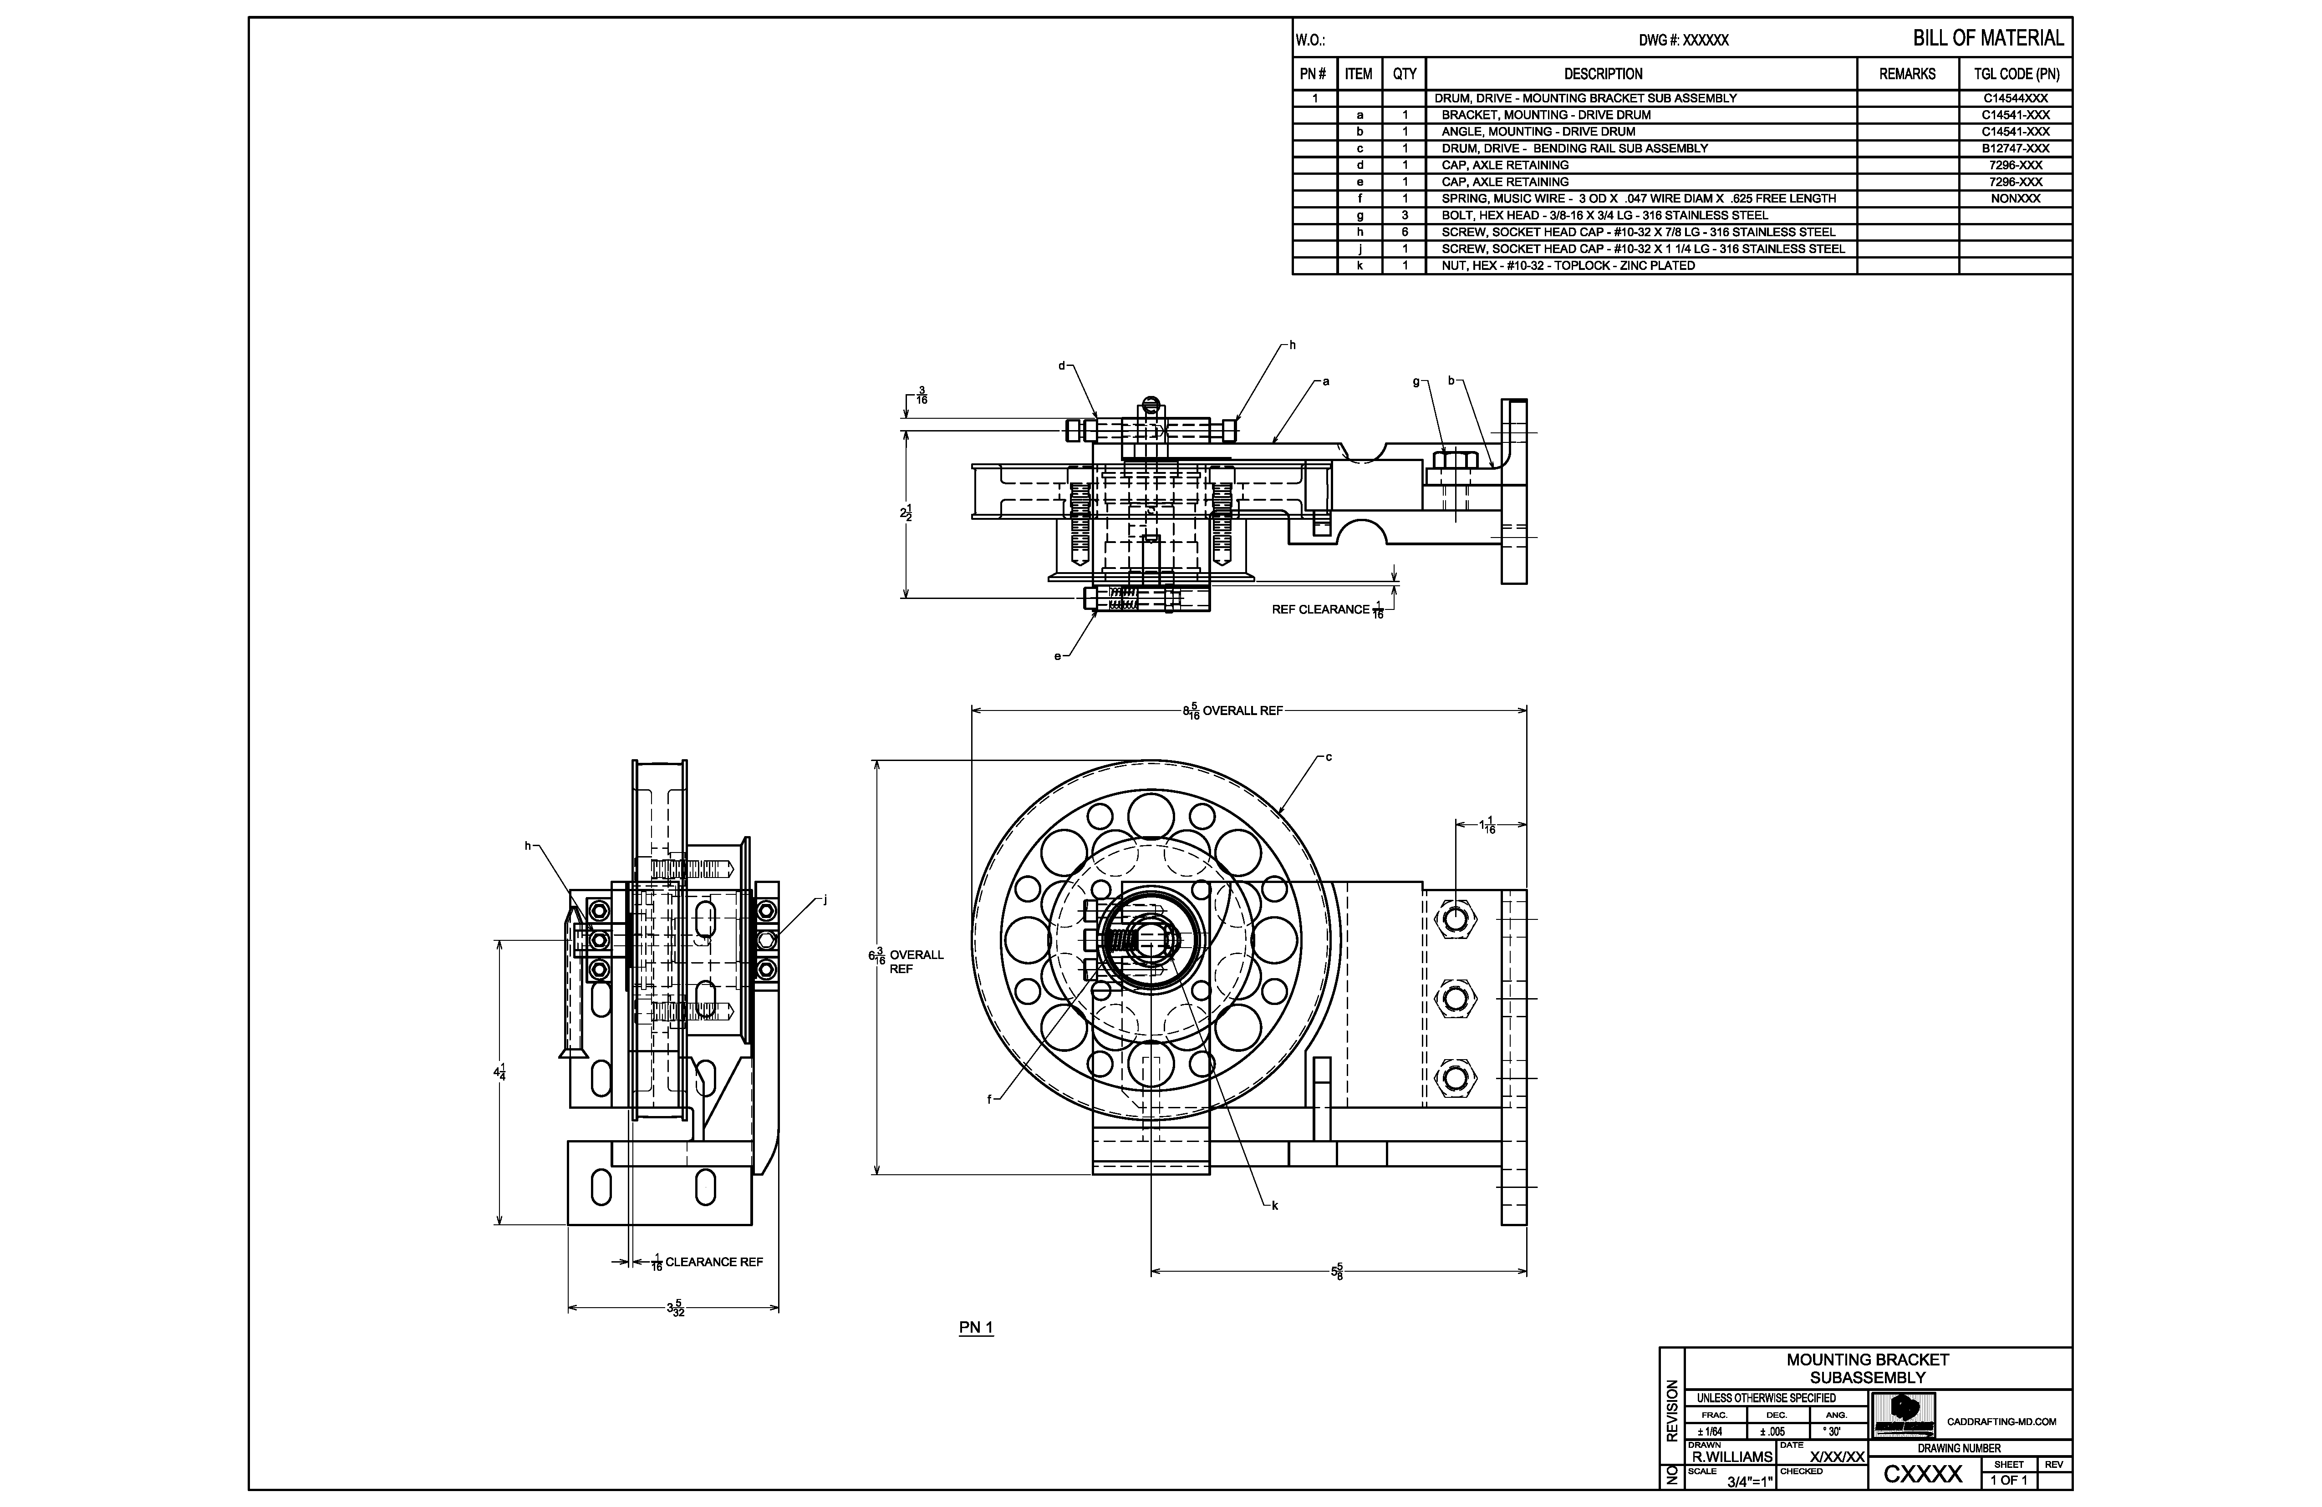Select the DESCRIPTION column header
pos(1603,74)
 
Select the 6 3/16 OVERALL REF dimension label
pos(906,961)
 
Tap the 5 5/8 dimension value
pos(1337,1271)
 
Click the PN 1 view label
pos(976,1328)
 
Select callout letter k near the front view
pos(1274,1206)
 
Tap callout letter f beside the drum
pos(989,1099)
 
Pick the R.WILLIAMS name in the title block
pos(1732,1456)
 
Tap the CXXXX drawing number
pos(1922,1474)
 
